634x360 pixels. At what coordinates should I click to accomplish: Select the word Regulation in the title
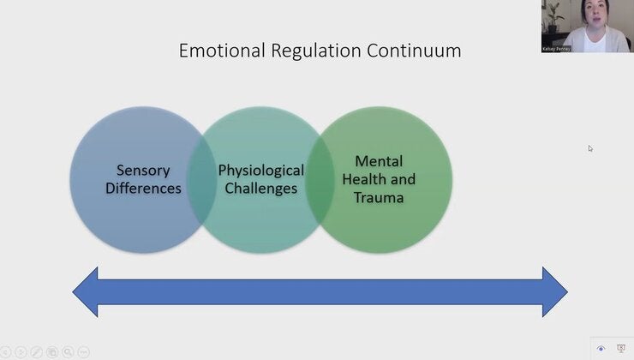coord(300,51)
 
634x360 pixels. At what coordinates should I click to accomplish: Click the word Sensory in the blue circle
coord(143,171)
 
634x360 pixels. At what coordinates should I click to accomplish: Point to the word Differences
coord(143,188)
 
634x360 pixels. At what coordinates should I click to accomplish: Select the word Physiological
coord(260,171)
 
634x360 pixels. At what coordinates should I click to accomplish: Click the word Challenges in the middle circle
coord(260,188)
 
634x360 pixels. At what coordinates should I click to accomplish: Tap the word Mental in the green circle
coord(379,161)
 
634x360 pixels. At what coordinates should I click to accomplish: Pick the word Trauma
coord(379,197)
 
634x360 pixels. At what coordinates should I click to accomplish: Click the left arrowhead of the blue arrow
coord(86,291)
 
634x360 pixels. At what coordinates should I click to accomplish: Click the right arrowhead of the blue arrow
coord(554,291)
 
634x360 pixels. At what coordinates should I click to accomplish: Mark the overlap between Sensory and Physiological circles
coord(203,180)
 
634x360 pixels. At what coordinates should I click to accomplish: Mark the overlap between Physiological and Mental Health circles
coord(320,180)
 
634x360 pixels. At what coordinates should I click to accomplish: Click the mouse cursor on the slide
coord(590,148)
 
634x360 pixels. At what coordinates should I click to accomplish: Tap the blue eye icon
coord(601,349)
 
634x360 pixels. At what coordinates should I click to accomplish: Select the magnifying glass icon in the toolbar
coord(68,351)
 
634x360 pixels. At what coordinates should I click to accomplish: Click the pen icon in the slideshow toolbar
coord(37,351)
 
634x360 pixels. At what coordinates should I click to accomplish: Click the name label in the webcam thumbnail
coord(557,49)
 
